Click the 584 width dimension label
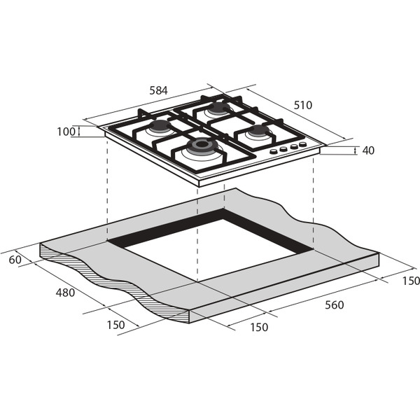point(158,90)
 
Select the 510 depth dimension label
point(303,105)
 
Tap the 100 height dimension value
point(66,132)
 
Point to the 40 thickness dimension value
point(368,150)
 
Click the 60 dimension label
point(15,260)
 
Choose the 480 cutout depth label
point(65,293)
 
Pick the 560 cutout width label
point(335,304)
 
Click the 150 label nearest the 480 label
point(115,325)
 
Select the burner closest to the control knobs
point(258,131)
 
